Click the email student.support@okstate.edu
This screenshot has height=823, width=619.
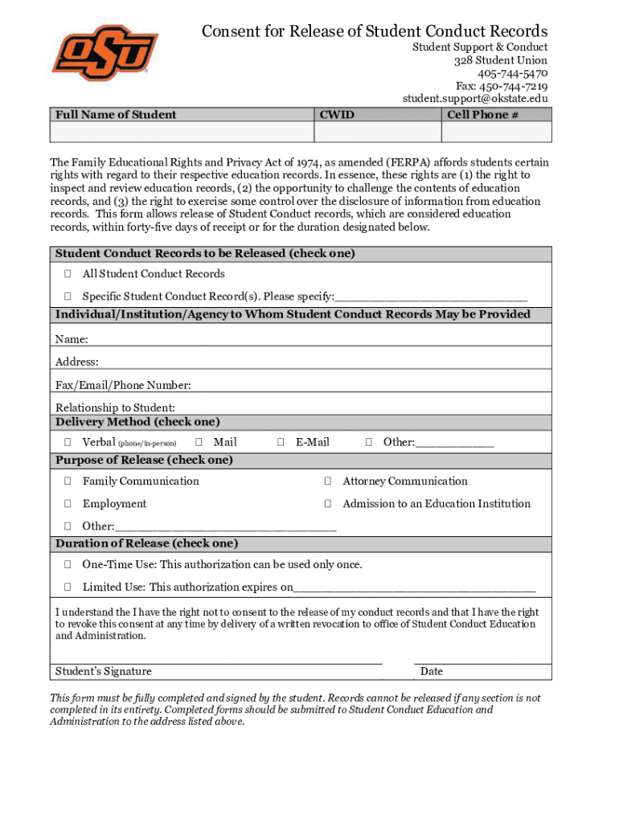point(475,99)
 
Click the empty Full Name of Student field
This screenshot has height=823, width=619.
point(181,133)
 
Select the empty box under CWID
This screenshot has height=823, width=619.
point(377,133)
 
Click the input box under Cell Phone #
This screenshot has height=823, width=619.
point(498,133)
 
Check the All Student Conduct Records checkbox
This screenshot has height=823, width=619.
point(68,274)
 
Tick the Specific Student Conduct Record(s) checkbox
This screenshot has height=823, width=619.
point(68,296)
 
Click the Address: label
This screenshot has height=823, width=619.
point(77,362)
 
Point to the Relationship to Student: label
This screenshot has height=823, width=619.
point(115,407)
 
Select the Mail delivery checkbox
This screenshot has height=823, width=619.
point(199,442)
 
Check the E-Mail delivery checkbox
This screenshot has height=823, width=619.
point(281,442)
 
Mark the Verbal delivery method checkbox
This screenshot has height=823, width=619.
point(68,442)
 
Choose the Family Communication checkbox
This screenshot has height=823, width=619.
point(68,481)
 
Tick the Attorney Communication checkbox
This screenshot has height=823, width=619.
point(328,481)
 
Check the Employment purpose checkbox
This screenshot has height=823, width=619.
point(68,504)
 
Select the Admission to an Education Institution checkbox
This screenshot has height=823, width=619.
point(328,504)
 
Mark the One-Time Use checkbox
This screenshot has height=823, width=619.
point(68,565)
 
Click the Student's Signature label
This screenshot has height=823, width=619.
point(103,672)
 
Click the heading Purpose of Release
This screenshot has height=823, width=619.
point(144,461)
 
